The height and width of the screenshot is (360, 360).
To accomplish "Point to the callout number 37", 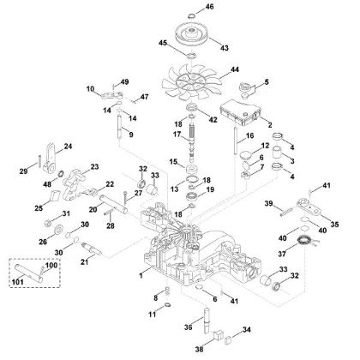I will point(279,254).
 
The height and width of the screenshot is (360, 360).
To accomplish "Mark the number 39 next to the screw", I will point(267,203).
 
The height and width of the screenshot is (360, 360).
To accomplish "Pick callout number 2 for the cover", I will point(270,125).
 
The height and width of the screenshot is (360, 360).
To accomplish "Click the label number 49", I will point(124,81).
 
